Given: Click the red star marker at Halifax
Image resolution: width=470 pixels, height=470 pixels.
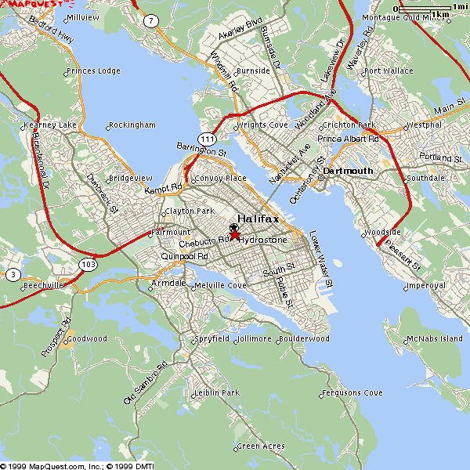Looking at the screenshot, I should tap(235, 233).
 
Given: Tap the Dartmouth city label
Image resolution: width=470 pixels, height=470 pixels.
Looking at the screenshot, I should tap(349, 170).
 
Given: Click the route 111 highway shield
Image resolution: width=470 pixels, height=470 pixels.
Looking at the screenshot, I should tap(207, 139).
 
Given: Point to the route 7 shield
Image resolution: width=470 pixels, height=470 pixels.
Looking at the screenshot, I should tap(150, 20).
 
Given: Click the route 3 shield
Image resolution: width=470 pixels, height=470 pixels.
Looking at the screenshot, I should tap(13, 275).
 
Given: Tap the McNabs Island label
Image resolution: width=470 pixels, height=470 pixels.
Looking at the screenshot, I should tap(435, 339).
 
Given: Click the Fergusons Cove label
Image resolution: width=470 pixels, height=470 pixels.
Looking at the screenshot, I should tap(352, 392).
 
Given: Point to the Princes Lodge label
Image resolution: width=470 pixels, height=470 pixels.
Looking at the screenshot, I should tap(94, 71).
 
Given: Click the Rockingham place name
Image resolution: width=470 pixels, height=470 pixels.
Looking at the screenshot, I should tap(133, 125).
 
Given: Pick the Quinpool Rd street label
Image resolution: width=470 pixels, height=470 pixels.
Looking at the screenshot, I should tap(184, 256).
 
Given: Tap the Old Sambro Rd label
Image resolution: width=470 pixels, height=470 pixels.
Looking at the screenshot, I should tap(146, 384).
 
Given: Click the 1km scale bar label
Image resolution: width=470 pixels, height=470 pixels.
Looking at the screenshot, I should tap(440, 15).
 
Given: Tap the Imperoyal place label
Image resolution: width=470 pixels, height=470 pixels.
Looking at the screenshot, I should tap(428, 286).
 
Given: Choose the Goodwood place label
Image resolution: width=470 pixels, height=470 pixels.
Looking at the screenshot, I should tap(85, 339).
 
